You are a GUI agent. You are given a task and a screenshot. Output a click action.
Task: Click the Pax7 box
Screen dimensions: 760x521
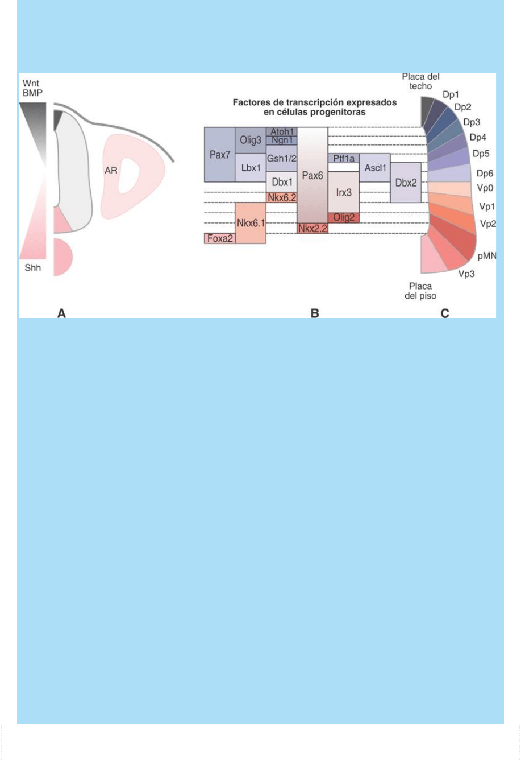pos(219,155)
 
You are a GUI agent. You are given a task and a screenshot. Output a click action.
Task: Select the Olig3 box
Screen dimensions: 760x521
pos(250,141)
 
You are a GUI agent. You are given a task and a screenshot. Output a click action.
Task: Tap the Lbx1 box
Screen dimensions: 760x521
pos(250,168)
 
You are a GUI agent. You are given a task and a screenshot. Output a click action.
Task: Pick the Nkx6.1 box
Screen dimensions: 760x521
pos(250,223)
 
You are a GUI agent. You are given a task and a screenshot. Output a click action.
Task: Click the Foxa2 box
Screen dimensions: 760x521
pos(219,238)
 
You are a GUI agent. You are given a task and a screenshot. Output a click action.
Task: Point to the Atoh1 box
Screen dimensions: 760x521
pos(281,131)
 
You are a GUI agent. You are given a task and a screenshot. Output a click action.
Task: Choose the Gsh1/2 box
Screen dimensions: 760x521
pos(281,158)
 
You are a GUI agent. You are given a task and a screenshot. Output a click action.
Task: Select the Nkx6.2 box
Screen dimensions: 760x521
pos(281,197)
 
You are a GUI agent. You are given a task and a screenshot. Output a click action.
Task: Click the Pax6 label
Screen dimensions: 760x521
pos(312,176)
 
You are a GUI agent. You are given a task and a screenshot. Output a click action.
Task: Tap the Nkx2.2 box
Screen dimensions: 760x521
pos(312,228)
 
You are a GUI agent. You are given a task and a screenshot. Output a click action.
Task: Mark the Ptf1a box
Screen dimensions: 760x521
pos(343,159)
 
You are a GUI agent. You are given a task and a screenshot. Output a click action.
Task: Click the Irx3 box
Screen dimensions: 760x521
pos(343,192)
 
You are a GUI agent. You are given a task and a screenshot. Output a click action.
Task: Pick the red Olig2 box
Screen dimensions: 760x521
pos(343,217)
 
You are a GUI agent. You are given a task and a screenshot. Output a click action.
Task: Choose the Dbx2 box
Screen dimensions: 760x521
pos(405,183)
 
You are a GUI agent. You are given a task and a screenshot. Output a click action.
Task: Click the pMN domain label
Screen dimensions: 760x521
pos(487,256)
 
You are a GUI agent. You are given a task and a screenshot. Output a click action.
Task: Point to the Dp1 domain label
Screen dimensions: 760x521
pos(451,94)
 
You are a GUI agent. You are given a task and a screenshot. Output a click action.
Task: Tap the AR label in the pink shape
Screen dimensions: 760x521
pos(110,170)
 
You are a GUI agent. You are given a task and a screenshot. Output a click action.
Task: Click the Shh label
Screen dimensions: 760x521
pos(33,267)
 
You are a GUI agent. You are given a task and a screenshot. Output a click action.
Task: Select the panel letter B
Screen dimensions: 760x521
pos(314,313)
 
